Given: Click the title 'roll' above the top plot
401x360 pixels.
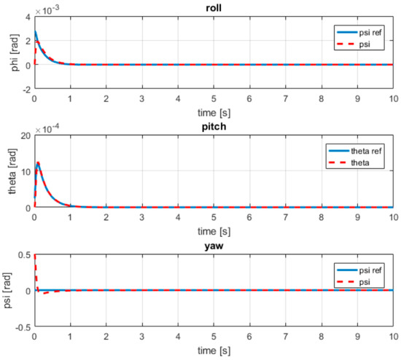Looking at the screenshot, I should pos(214,6).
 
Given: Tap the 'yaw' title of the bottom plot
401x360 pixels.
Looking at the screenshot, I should pos(214,246).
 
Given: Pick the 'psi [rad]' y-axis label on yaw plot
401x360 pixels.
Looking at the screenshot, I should pos(7,290).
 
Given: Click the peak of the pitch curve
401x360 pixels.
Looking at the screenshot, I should pos(38,163).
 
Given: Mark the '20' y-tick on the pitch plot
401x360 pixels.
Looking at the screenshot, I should pos(24,136).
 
